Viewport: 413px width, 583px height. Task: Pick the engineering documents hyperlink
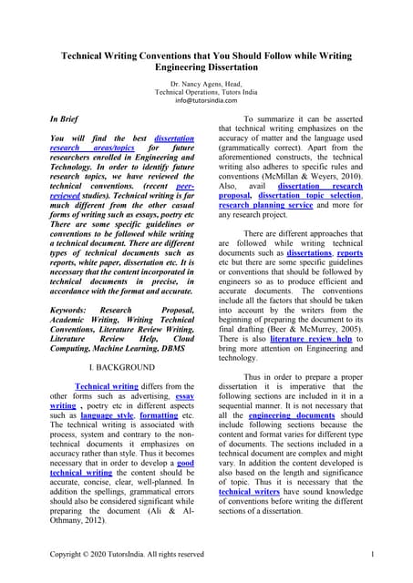(289, 414)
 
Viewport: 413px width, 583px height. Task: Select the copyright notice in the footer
(127, 555)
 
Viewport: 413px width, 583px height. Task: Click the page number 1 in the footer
(374, 555)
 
